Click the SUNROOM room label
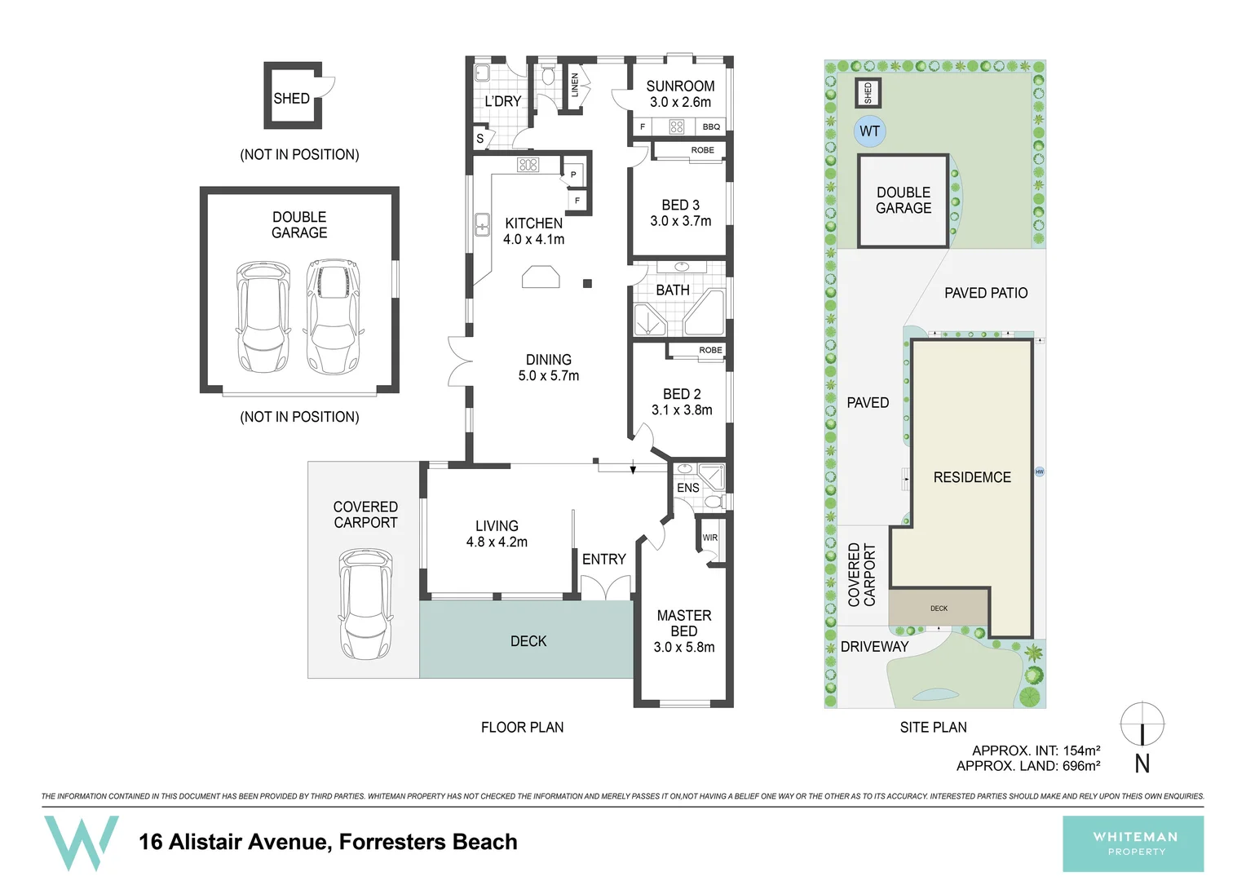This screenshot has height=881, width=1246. (680, 86)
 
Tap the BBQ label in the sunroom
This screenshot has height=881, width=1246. (711, 127)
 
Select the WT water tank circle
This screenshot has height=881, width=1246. (869, 131)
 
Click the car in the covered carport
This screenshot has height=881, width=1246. (365, 604)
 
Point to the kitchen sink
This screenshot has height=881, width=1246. (482, 225)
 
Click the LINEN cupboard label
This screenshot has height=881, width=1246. (575, 85)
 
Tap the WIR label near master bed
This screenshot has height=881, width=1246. (709, 538)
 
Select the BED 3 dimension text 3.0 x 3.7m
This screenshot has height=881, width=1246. (681, 221)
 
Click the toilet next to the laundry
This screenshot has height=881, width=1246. (549, 74)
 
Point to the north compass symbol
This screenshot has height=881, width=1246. (1142, 724)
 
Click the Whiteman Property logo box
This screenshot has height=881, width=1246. (1133, 843)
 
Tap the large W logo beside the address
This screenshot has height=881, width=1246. (82, 843)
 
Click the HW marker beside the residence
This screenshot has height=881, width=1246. (1040, 472)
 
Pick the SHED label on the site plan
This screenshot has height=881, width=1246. (868, 93)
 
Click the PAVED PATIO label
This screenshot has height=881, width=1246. (986, 293)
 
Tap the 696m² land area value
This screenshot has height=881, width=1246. (1081, 766)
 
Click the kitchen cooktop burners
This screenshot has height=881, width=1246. (528, 165)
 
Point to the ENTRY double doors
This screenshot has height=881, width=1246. (605, 587)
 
